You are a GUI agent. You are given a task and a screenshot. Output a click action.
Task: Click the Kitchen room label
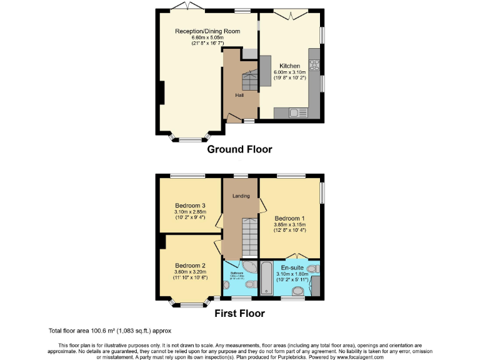(x=289, y=66)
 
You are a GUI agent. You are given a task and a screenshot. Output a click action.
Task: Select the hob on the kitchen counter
(x=315, y=66)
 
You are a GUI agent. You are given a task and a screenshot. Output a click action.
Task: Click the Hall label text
(x=239, y=96)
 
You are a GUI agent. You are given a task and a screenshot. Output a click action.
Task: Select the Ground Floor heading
(x=239, y=149)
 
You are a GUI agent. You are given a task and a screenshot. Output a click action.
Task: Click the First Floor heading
(x=239, y=313)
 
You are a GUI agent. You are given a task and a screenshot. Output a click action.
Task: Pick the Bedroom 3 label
(x=190, y=206)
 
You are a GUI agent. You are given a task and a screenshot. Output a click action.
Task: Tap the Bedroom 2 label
(x=190, y=265)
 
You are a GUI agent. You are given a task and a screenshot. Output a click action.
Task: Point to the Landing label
(x=241, y=196)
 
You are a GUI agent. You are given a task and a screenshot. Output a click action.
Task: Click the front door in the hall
(x=234, y=118)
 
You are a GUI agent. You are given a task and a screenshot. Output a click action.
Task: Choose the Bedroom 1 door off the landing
(x=262, y=204)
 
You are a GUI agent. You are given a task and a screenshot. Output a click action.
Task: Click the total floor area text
(x=109, y=330)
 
